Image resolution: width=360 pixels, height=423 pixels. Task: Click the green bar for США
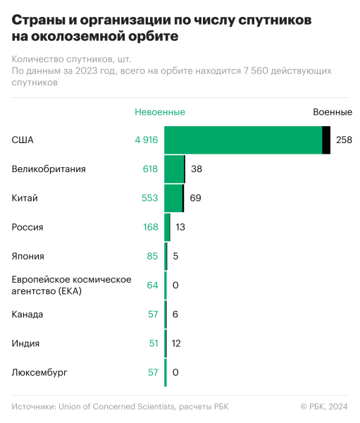click(243, 140)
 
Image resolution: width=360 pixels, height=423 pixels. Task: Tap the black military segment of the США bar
click(326, 140)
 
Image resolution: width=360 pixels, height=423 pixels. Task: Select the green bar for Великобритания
click(173, 169)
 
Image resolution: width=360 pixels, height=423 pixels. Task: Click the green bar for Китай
click(173, 198)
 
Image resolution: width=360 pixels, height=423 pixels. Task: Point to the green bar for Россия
click(167, 227)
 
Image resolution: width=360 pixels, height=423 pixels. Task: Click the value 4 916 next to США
click(146, 140)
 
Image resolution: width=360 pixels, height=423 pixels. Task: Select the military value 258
click(344, 140)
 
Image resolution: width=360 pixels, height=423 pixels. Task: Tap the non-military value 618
click(150, 169)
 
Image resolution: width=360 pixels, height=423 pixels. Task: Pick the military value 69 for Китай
click(195, 198)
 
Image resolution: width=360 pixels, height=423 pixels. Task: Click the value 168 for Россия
click(150, 227)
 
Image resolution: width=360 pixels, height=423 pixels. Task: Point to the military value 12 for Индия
click(178, 343)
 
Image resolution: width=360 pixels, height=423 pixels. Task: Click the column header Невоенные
click(160, 112)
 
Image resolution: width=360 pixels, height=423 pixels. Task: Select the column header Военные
click(333, 112)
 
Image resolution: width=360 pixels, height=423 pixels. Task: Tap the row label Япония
click(28, 256)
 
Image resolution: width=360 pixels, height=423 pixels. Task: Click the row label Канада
click(27, 314)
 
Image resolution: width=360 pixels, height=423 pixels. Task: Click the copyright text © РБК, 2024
click(324, 407)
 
